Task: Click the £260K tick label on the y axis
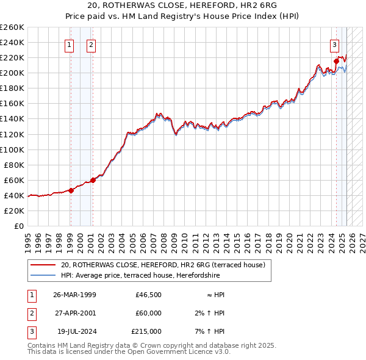point(12,27)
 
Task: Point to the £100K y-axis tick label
point(12,149)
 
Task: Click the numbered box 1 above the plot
point(69,45)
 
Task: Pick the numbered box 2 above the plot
point(91,45)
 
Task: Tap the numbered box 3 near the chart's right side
point(335,45)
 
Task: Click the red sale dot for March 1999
point(71,190)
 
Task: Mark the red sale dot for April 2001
point(93,180)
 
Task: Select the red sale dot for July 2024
point(336,61)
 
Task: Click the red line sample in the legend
point(43,265)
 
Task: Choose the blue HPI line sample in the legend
point(43,275)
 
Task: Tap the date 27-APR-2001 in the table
point(75,313)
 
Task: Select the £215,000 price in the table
point(147,331)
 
